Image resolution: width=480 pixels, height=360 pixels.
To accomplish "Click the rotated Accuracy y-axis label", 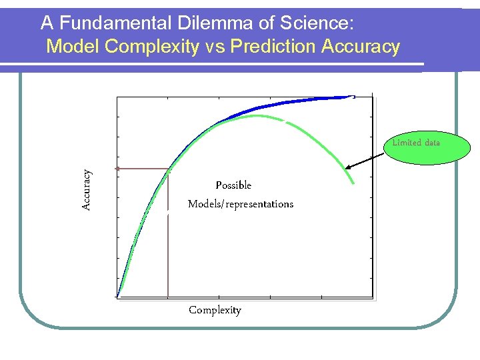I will [x=87, y=190].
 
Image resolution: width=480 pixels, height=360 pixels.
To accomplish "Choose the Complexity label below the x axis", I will [x=215, y=310].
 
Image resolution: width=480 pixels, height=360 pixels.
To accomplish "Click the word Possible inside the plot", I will [x=233, y=185].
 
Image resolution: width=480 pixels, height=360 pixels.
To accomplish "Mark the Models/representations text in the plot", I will [x=240, y=204].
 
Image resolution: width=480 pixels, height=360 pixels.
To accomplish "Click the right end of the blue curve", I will [x=353, y=97].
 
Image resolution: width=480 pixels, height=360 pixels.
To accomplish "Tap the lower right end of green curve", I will [x=353, y=183].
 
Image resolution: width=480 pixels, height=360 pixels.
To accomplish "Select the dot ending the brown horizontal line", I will [x=117, y=169].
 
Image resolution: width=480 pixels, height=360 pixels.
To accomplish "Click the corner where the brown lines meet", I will [x=167, y=169].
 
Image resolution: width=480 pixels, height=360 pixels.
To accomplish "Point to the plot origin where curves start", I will [x=118, y=296].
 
